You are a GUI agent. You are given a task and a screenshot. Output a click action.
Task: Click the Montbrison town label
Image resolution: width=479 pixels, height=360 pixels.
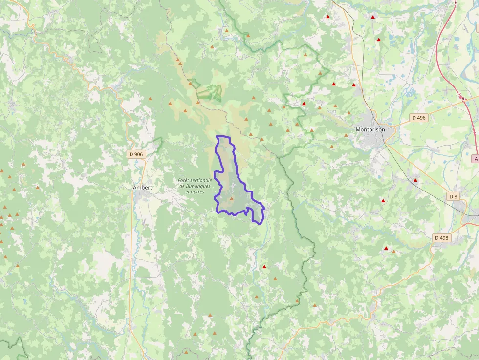370,130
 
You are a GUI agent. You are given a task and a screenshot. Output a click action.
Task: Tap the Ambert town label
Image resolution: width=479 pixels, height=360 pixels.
143,187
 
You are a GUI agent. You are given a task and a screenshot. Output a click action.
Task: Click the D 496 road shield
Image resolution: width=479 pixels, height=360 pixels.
418,118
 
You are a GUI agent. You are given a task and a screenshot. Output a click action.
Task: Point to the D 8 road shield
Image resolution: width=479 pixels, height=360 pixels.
453,196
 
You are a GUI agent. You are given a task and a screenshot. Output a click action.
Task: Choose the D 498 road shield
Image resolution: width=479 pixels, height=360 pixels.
441,238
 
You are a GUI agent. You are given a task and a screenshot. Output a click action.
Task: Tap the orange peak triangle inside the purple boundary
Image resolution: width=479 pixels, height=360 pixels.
232,199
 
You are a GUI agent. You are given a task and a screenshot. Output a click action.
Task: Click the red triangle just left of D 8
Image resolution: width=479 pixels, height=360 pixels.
415,180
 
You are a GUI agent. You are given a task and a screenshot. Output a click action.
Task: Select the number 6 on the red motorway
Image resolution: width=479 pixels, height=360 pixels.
456,3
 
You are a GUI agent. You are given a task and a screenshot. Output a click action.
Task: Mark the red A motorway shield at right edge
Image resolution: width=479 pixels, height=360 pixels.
476,159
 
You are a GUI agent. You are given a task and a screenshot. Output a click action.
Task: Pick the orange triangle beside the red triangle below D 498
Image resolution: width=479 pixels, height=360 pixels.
393,252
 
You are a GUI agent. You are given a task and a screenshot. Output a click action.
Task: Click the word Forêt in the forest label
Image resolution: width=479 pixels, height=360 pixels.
184,180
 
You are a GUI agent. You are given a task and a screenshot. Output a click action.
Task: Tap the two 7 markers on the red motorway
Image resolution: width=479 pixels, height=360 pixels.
461,97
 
